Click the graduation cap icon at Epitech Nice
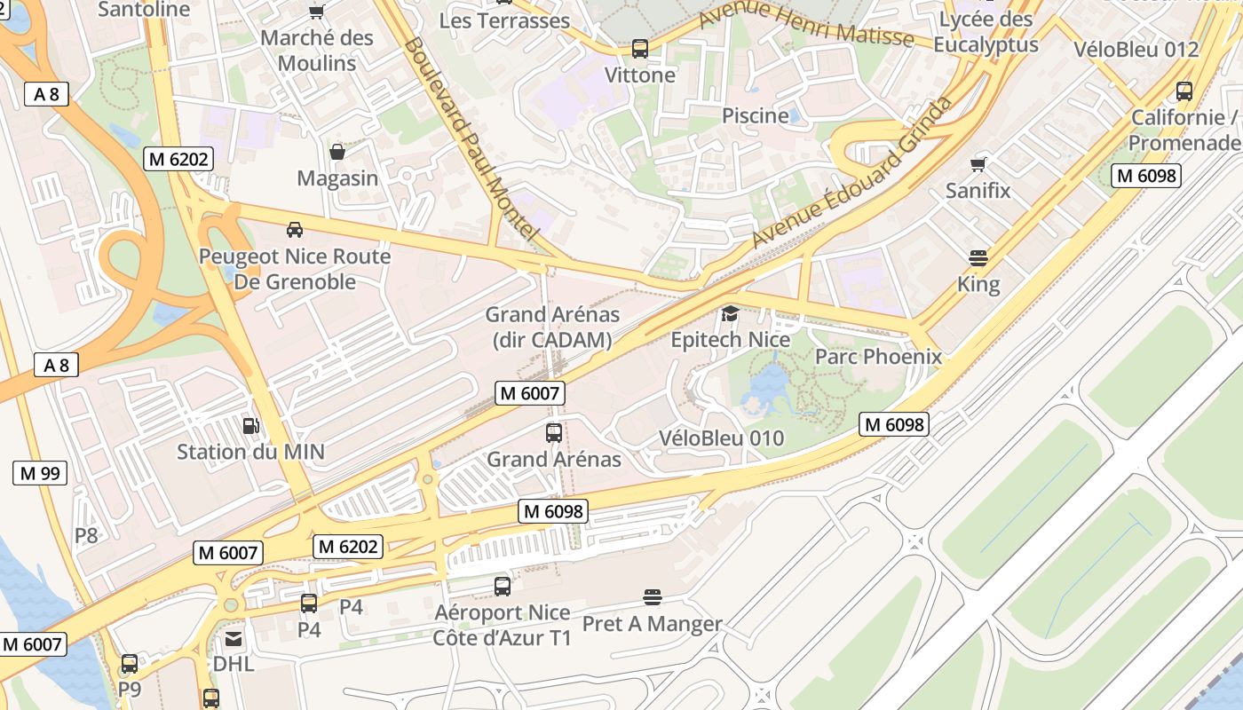[730, 313]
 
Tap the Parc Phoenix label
[877, 357]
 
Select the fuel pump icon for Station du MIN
[251, 426]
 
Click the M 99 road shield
[40, 473]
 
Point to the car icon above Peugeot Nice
[295, 230]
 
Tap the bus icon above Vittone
[639, 49]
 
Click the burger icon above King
[978, 258]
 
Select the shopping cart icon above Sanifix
[978, 164]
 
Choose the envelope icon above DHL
[233, 639]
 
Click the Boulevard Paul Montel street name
[471, 138]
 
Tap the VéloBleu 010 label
[721, 438]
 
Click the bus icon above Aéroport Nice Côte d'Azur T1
[502, 587]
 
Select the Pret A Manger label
[652, 624]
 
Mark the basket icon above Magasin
[337, 152]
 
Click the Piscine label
[755, 115]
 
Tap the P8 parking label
[86, 535]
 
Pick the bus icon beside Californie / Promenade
[1184, 91]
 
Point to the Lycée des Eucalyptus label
[986, 32]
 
